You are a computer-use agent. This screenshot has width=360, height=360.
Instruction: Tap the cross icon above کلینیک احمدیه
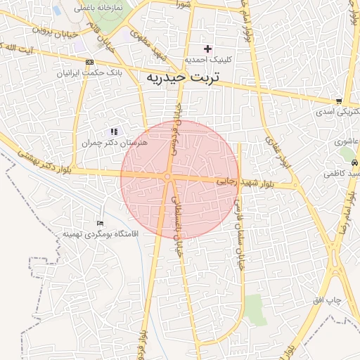[207, 49]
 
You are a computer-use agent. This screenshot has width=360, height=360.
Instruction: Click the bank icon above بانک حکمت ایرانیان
[89, 62]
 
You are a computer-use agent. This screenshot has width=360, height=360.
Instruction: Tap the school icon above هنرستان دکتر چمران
[114, 131]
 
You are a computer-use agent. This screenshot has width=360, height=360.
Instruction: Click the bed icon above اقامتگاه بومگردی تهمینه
[99, 223]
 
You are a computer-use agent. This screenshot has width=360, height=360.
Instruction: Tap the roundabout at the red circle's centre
[169, 177]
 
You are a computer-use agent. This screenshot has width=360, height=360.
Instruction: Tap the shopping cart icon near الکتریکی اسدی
[339, 101]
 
